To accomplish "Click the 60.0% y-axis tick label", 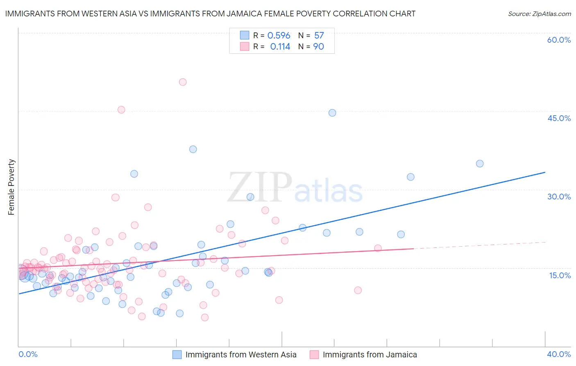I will (559, 40).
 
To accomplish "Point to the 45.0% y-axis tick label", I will (559, 118).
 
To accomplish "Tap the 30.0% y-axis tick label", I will (559, 197).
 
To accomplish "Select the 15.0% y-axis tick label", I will (560, 275).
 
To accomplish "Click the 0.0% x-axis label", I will (28, 354).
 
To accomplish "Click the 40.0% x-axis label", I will (559, 354).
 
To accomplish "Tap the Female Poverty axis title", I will (11, 187).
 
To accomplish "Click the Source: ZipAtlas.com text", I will (539, 14).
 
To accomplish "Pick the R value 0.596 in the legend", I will (279, 36).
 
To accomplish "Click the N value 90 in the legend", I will (318, 47).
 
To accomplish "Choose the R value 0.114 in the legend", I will (280, 47).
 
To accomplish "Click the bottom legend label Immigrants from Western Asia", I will (240, 355).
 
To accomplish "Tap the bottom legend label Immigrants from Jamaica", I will (370, 355).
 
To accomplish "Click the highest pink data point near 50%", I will (183, 82).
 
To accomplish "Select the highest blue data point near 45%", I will (332, 113).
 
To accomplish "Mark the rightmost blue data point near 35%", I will (480, 164).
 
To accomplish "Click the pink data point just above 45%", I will (121, 110).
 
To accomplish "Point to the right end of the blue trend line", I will (545, 172).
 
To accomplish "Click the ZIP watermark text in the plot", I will (260, 188).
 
